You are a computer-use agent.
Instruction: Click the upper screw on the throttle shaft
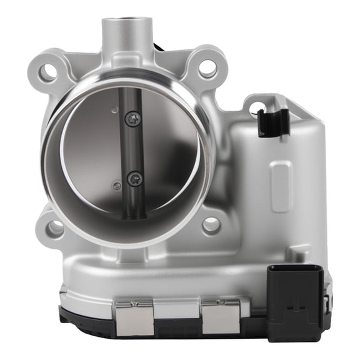(132, 119)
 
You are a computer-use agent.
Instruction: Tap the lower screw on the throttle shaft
(134, 179)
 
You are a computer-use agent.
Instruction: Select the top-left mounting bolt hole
(47, 72)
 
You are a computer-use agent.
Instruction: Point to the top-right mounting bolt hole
(207, 67)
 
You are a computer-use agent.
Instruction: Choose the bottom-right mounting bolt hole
(211, 224)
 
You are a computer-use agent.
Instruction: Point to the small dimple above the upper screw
(114, 110)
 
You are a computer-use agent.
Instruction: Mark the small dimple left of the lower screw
(116, 185)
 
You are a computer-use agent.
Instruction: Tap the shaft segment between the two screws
(133, 149)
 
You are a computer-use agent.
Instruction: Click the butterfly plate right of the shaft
(169, 150)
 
